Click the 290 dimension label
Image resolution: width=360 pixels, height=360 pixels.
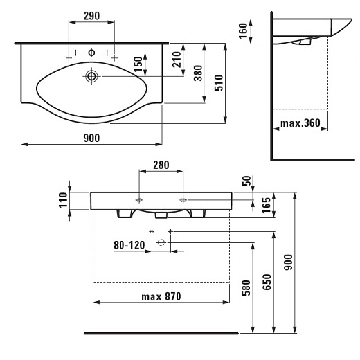[91, 16]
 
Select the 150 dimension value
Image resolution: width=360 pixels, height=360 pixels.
[138, 64]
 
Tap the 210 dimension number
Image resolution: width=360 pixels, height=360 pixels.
[177, 60]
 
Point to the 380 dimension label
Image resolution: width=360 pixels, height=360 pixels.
[198, 73]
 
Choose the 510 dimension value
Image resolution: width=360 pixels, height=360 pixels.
[219, 82]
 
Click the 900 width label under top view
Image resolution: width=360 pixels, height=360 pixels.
[91, 138]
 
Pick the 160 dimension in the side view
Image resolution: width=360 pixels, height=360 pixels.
[243, 30]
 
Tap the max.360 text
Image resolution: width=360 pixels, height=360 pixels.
[300, 123]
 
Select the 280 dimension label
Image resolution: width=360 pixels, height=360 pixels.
[161, 165]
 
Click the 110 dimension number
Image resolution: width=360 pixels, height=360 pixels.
[63, 200]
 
